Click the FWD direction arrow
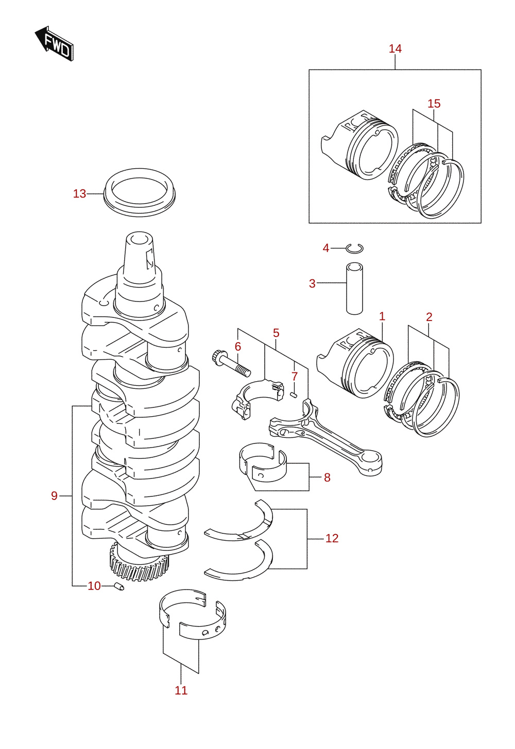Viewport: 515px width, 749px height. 54,43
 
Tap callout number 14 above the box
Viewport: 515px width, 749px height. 395,49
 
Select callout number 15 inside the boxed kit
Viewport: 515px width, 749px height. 434,104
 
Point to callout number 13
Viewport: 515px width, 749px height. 80,194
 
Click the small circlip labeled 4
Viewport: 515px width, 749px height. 355,248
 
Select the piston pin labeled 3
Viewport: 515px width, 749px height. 355,288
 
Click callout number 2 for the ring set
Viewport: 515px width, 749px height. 430,317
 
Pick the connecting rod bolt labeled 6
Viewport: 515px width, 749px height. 231,365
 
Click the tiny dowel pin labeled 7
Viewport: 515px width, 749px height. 294,395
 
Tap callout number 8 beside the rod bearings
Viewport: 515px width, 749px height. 327,477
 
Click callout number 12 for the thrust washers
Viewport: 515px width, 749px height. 332,538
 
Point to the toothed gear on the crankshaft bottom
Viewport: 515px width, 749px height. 139,565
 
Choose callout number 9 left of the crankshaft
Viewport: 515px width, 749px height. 54,495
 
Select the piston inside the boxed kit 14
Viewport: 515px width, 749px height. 360,145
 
